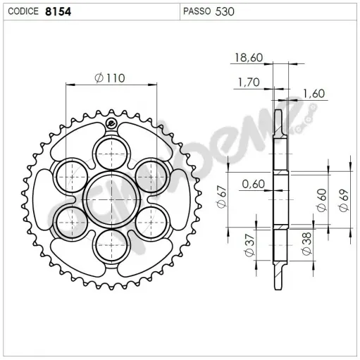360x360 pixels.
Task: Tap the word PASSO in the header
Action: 199,11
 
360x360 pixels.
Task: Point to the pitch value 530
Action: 226,11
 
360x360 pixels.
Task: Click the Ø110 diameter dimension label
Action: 109,78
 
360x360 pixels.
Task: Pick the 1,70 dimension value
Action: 248,82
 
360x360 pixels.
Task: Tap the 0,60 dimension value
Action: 253,185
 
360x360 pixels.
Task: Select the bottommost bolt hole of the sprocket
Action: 110,246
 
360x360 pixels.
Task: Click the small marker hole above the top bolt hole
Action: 110,125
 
